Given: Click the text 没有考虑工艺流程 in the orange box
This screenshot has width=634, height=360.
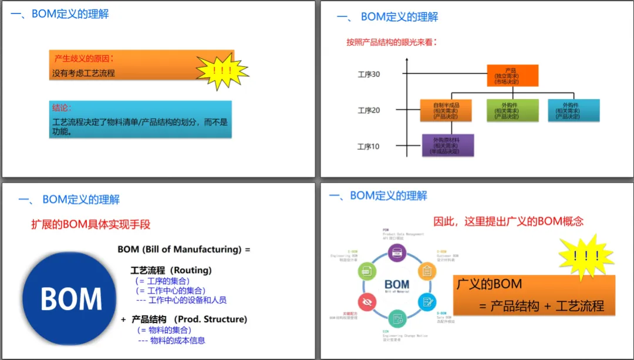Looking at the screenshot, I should (x=83, y=73).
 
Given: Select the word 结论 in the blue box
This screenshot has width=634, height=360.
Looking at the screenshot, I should (x=61, y=108).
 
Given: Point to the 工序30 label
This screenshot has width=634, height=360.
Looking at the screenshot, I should (x=369, y=74).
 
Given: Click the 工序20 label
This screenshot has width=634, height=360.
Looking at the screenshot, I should (x=369, y=110).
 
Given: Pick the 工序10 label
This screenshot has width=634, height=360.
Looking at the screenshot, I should (x=369, y=146).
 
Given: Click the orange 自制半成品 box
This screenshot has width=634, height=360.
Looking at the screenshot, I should (x=446, y=110).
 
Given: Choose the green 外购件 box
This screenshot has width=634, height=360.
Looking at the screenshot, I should (x=512, y=110).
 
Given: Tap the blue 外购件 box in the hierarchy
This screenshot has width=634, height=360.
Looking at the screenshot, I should (x=574, y=110).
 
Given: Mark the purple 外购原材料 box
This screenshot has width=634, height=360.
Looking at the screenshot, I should (x=447, y=146).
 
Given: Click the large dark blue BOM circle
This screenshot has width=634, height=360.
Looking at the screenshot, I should (x=71, y=298).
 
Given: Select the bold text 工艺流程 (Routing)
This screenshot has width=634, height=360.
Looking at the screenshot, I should (x=171, y=270).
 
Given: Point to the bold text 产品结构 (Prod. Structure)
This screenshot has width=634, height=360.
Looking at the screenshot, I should (x=189, y=319).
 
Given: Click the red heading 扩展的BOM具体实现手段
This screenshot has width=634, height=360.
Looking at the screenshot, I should (x=91, y=224).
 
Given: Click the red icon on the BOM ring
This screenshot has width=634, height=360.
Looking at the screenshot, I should (x=368, y=301).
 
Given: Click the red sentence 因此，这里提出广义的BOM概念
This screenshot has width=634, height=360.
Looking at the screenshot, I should (x=508, y=221).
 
